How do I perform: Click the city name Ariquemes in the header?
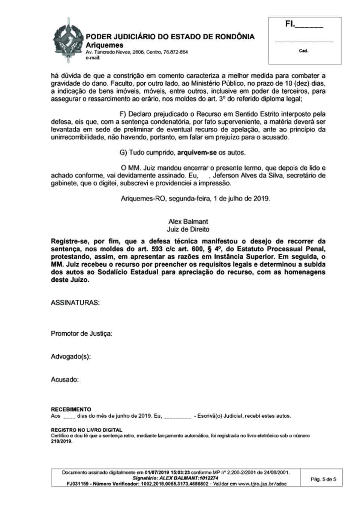click(x=104, y=45)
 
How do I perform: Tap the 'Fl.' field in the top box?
click(x=304, y=25)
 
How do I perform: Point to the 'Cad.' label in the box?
click(x=303, y=51)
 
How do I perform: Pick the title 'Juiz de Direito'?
click(x=188, y=229)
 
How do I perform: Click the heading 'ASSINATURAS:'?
click(x=75, y=302)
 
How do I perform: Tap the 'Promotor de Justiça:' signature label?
click(x=81, y=333)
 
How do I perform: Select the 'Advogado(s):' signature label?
click(x=70, y=356)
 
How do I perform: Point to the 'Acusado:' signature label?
click(x=64, y=380)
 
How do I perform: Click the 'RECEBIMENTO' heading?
click(x=71, y=409)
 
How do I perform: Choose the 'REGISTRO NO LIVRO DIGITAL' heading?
click(x=86, y=430)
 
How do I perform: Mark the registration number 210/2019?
click(x=61, y=441)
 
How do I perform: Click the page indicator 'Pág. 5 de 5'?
click(x=323, y=479)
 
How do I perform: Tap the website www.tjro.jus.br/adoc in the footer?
click(x=262, y=484)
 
